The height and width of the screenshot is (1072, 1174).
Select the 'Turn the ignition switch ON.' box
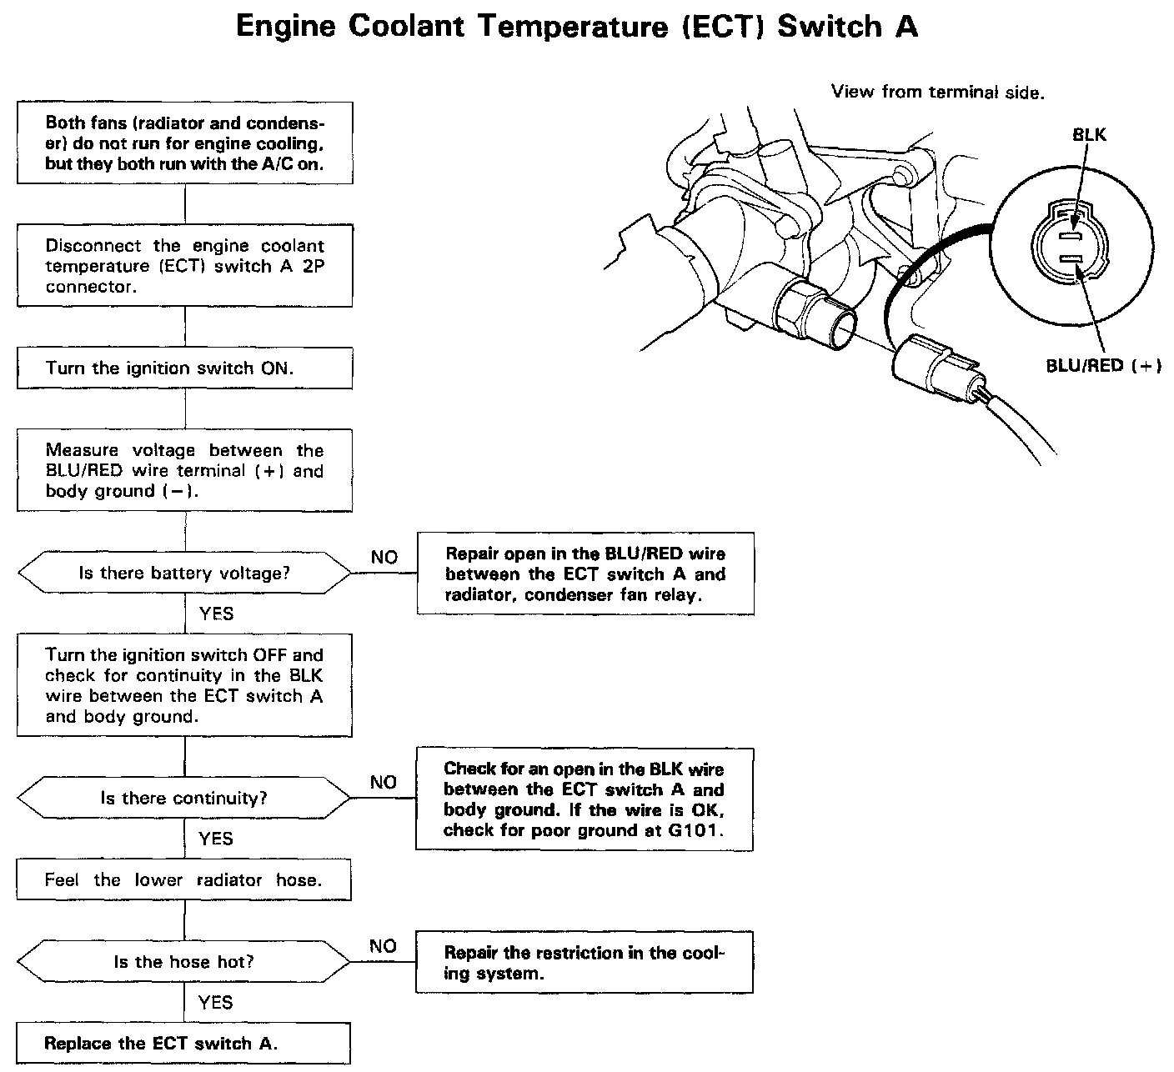click(184, 368)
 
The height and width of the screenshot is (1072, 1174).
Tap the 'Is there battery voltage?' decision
click(184, 574)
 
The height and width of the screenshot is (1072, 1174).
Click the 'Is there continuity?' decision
click(184, 798)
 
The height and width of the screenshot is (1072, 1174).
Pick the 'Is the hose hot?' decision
click(184, 962)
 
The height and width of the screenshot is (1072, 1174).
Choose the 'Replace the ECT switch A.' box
click(183, 1043)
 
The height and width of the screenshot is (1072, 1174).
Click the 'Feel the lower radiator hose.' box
click(184, 880)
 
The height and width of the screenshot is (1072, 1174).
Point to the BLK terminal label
click(1090, 135)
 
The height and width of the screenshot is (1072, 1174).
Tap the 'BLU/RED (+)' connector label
click(1103, 366)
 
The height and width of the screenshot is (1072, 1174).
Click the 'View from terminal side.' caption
click(937, 92)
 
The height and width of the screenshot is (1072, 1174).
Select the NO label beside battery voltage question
click(384, 557)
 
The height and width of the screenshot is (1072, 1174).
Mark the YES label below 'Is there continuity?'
click(216, 839)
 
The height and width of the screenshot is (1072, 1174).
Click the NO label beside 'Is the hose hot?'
click(383, 946)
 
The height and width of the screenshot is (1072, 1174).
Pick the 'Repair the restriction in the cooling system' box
click(584, 963)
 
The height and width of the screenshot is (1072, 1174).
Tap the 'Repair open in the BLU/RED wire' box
click(585, 574)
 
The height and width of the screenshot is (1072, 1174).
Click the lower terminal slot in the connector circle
click(1075, 261)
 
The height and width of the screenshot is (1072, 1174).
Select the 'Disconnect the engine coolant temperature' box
click(184, 266)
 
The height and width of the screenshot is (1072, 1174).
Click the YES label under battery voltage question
click(216, 614)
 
